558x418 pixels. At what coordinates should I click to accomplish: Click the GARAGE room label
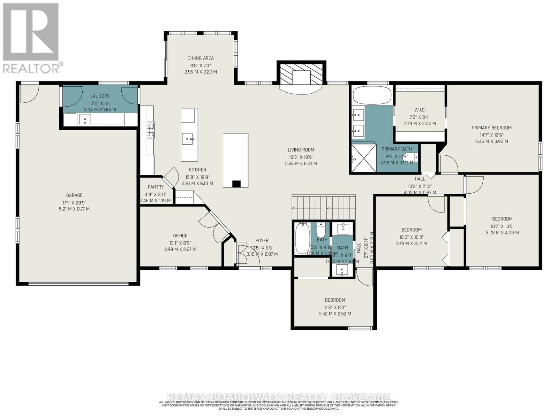[x=74, y=195]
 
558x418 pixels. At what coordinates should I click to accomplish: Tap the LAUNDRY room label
[x=100, y=96]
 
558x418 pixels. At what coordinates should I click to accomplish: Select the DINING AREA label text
[x=201, y=58]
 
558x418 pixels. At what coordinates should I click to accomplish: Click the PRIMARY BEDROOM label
[x=491, y=127]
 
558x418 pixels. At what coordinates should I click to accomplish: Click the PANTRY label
[x=156, y=187]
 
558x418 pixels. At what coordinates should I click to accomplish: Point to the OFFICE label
[x=180, y=236]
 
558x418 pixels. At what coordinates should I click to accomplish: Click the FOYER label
[x=262, y=240]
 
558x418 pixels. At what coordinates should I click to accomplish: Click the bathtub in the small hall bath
[x=302, y=239]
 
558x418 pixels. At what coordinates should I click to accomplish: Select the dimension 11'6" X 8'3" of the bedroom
[x=335, y=307]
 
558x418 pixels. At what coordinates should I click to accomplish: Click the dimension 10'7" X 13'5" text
[x=502, y=226]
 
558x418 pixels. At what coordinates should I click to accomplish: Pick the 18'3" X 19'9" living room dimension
[x=301, y=157]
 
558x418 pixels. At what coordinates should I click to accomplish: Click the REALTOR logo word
[x=31, y=68]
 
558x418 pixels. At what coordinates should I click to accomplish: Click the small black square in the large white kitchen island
[x=236, y=184]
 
